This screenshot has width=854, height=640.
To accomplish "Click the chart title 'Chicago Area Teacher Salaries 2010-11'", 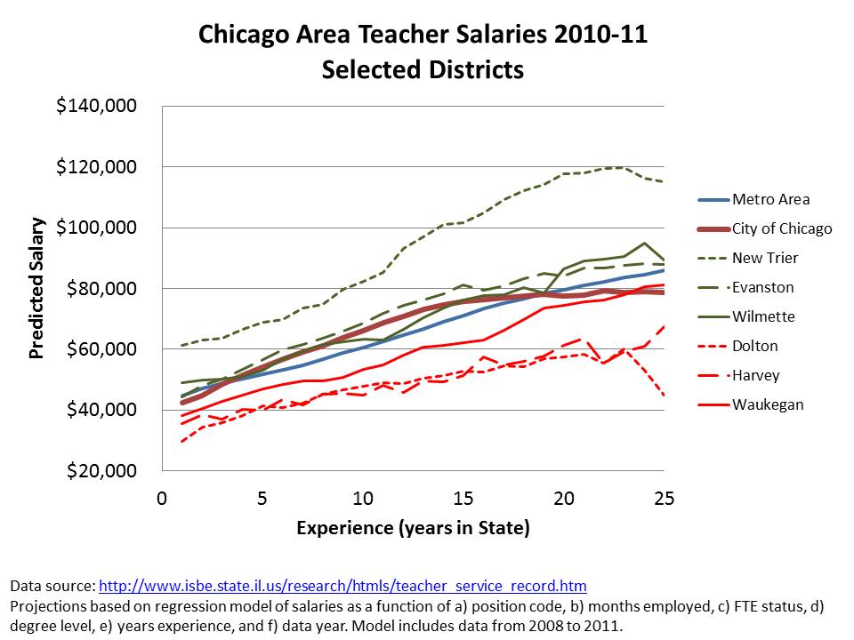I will [423, 36].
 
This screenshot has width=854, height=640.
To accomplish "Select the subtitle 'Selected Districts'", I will [423, 68].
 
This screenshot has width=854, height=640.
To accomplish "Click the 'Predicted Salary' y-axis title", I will [37, 288].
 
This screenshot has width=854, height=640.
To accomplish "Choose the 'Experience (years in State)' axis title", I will [413, 529].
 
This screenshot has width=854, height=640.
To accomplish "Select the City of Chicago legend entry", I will [782, 228].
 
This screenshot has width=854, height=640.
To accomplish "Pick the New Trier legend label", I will [765, 258].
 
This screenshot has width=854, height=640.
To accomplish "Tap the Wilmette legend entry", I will [764, 316].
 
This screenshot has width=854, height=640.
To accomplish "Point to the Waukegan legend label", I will [768, 404].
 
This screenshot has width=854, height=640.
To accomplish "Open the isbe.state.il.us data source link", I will [342, 587].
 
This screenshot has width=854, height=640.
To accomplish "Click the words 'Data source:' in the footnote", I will [52, 587].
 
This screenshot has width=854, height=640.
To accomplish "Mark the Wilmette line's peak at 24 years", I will [643, 243].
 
